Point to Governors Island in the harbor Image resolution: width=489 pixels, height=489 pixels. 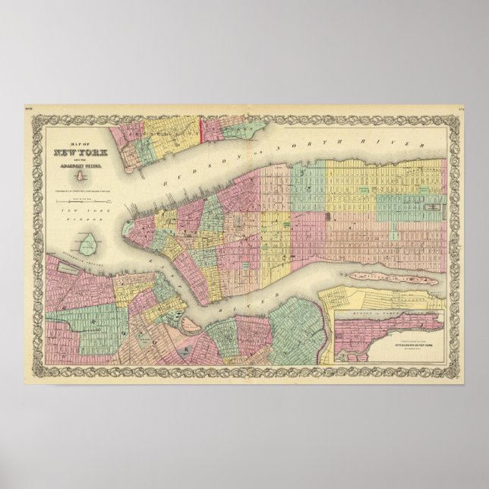(90, 242)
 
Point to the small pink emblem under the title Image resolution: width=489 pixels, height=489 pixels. (78, 175)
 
